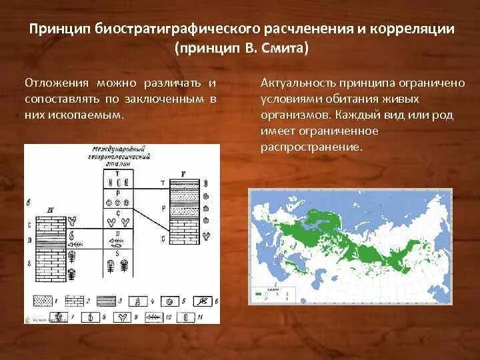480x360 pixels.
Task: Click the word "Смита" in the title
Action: pos(283,50)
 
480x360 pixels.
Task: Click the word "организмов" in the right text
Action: pos(289,115)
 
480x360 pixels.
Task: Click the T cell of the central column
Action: pos(118,177)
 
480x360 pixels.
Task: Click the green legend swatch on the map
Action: pos(257,292)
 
